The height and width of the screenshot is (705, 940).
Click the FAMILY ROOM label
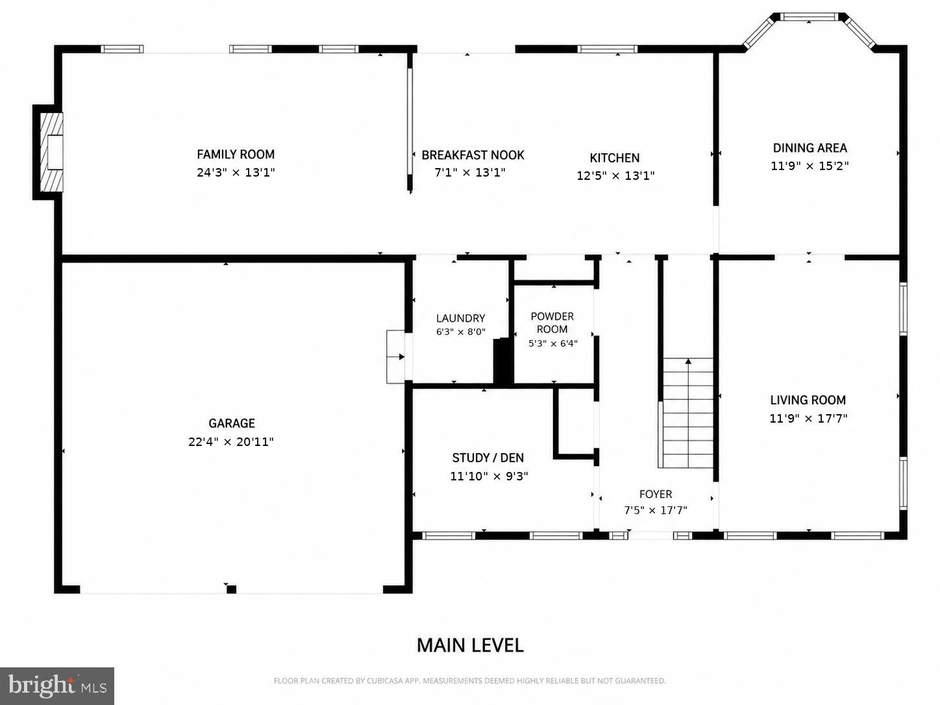click(x=236, y=154)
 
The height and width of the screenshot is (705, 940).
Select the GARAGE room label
click(x=232, y=423)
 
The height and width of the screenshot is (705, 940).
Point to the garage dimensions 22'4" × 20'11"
click(x=231, y=441)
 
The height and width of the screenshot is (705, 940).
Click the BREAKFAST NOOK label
click(x=473, y=155)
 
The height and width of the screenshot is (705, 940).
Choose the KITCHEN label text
click(x=615, y=158)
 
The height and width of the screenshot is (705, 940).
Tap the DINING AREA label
click(x=810, y=147)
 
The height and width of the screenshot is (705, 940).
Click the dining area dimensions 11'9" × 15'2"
click(x=810, y=166)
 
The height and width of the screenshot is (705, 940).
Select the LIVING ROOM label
click(x=808, y=400)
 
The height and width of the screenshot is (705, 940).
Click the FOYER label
click(x=656, y=494)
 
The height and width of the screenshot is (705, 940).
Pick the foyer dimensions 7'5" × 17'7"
click(x=656, y=510)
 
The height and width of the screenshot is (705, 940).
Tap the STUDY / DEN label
click(x=488, y=458)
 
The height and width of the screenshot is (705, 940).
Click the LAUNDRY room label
click(x=461, y=318)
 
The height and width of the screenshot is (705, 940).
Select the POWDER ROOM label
click(x=552, y=323)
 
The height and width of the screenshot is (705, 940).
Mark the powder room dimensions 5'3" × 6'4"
click(x=553, y=343)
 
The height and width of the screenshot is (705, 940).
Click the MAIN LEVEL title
click(x=470, y=645)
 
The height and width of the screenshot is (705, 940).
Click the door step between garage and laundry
click(x=395, y=356)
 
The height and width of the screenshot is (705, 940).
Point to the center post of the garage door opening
click(x=231, y=589)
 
